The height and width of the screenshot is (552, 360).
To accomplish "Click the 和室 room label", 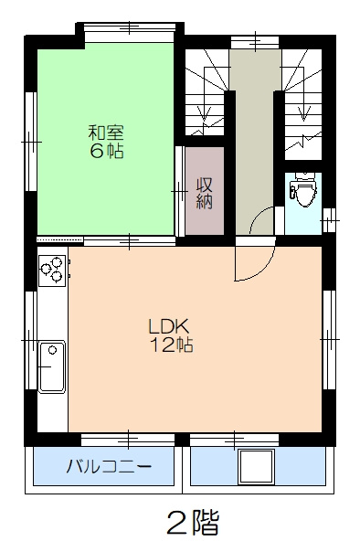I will tap(106, 130).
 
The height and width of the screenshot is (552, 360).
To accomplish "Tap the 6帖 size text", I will tap(106, 151).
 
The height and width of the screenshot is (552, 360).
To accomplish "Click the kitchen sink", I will tap(51, 366).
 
